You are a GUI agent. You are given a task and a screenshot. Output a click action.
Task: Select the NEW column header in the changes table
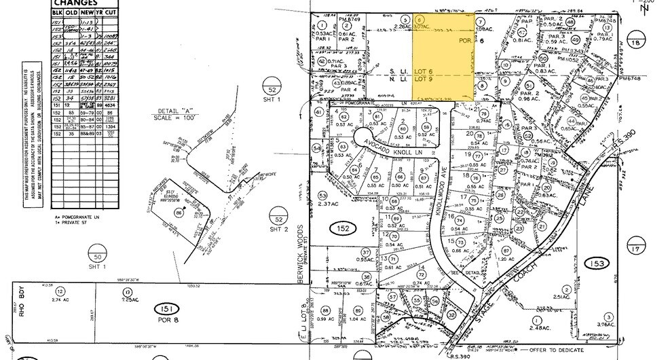87,13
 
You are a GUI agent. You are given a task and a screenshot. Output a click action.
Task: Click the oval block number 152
344,229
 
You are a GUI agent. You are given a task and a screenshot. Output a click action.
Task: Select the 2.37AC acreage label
328,204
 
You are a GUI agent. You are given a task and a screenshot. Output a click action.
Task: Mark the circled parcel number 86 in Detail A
179,212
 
